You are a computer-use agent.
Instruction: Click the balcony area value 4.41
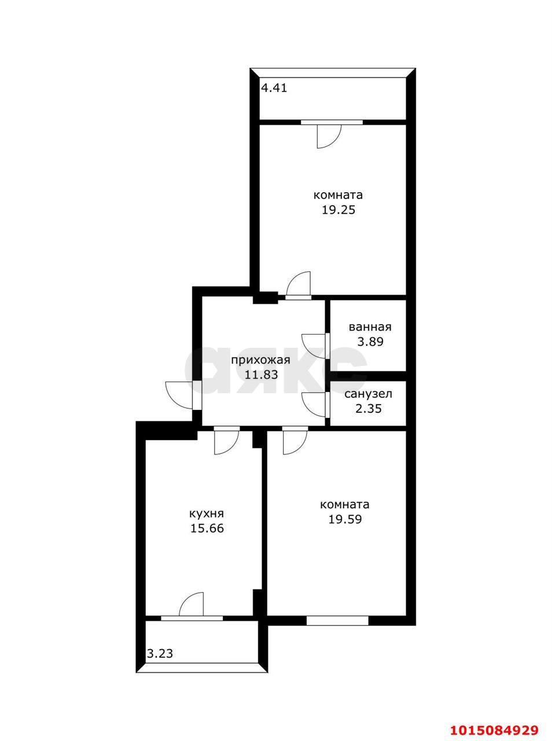coord(274,89)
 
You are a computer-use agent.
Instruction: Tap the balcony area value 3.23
coord(160,654)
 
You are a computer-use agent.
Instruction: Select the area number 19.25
coord(338,210)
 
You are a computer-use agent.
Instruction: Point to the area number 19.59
coord(345,519)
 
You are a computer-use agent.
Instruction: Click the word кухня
coord(207,513)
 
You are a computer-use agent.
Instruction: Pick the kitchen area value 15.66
coord(207,528)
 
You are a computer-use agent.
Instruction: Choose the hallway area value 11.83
coord(261,375)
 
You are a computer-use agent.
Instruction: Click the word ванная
coord(370,327)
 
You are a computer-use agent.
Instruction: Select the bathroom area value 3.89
coord(370,342)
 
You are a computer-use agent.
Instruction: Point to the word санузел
coord(369,394)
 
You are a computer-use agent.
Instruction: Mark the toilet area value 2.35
coord(369,409)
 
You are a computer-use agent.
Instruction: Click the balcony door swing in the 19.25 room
coord(329,137)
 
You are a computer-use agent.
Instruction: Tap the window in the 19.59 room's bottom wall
coord(337,621)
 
